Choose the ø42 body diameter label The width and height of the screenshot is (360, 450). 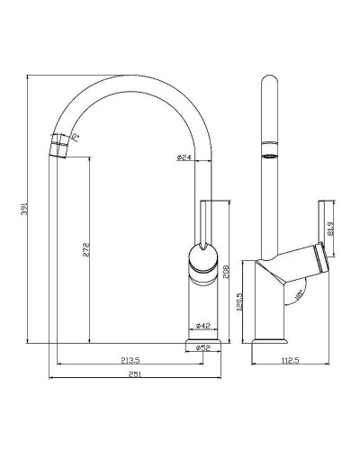pyautogui.click(x=203, y=327)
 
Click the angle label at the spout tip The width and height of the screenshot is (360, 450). pyautogui.click(x=76, y=137)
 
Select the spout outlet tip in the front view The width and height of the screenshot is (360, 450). pyautogui.click(x=58, y=144)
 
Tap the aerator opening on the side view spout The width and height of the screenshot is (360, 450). pyautogui.click(x=268, y=156)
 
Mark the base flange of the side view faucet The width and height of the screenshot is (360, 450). pyautogui.click(x=270, y=342)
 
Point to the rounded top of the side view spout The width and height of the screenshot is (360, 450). pyautogui.click(x=268, y=83)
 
